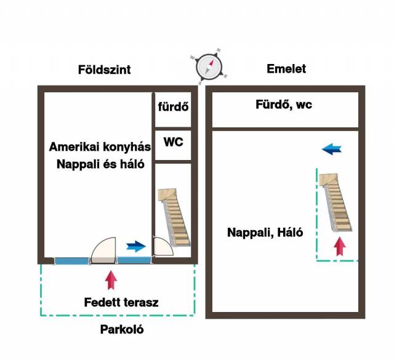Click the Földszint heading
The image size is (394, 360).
104,70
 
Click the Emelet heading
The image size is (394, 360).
286,69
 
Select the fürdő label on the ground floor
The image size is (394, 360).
173,107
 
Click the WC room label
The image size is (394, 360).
173,142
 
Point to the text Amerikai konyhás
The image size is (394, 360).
100,147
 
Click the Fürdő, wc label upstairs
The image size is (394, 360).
284,105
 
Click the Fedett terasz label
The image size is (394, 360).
121,302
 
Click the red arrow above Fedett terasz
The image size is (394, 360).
111,279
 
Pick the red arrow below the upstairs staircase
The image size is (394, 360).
339,249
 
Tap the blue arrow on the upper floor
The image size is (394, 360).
332,149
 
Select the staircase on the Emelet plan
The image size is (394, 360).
335,202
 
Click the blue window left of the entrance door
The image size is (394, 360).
71,260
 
